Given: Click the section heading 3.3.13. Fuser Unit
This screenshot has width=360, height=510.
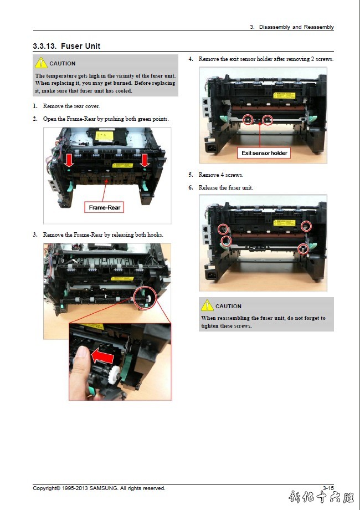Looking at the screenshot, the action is click(x=66, y=46).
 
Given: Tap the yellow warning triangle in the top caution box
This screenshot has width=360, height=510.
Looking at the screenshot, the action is click(x=41, y=63).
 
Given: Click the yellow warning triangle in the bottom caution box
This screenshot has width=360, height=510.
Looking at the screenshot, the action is click(x=207, y=306).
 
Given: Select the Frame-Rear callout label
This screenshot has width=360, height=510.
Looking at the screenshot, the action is click(x=104, y=207).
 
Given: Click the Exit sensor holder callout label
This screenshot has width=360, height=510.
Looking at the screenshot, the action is click(x=264, y=153).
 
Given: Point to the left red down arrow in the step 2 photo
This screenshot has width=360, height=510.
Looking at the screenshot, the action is click(x=69, y=161).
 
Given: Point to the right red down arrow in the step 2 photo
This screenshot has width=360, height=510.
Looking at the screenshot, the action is click(x=145, y=160).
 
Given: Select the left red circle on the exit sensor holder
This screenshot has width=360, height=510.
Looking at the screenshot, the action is click(x=248, y=120).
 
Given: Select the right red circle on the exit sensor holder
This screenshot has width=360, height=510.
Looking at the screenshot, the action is click(x=268, y=120).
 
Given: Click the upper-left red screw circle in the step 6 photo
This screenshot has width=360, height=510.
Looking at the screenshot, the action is click(x=223, y=229).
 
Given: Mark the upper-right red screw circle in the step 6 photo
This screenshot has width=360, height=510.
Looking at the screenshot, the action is click(x=306, y=226).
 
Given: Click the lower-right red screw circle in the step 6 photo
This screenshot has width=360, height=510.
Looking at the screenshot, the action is click(x=303, y=249).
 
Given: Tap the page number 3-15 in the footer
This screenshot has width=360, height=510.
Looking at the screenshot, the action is click(x=328, y=488).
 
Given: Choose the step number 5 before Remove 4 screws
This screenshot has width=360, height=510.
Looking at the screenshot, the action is click(x=191, y=175).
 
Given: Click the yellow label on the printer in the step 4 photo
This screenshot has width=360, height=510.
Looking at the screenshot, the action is click(x=284, y=95).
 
